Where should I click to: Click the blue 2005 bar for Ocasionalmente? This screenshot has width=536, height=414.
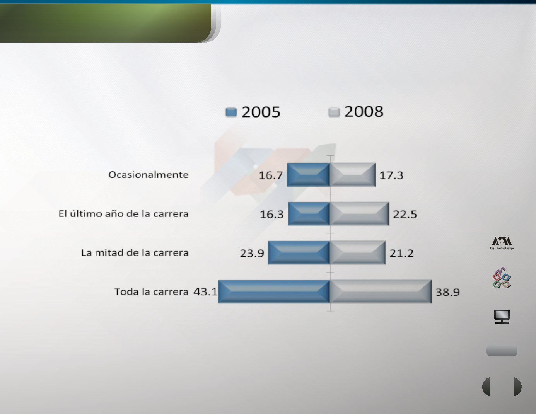[308, 175]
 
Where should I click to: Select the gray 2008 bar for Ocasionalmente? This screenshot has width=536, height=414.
[353, 175]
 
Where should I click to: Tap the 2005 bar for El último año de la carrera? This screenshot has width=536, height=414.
[309, 213]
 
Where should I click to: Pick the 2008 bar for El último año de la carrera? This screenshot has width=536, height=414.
[360, 213]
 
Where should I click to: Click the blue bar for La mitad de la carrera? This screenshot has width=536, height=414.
[299, 253]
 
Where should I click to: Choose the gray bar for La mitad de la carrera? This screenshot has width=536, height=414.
[358, 253]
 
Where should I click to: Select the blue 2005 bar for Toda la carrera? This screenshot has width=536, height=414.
[274, 291]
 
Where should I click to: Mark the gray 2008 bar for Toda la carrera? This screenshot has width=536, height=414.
[381, 291]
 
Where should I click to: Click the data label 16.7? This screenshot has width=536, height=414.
[271, 175]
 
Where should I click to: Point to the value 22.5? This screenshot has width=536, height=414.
[405, 214]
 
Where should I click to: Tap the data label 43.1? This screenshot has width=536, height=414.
[205, 292]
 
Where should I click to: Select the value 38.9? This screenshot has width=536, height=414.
[448, 292]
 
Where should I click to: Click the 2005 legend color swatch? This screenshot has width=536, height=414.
[231, 112]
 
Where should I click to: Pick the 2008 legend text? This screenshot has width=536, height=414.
[364, 111]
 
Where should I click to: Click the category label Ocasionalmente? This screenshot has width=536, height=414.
[149, 175]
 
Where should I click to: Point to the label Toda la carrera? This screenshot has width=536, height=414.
[152, 292]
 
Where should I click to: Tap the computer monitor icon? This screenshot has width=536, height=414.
[502, 316]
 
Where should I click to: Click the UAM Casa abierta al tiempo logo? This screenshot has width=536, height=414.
[502, 243]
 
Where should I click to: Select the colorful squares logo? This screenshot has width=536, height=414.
[502, 278]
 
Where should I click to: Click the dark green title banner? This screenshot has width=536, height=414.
[106, 23]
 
